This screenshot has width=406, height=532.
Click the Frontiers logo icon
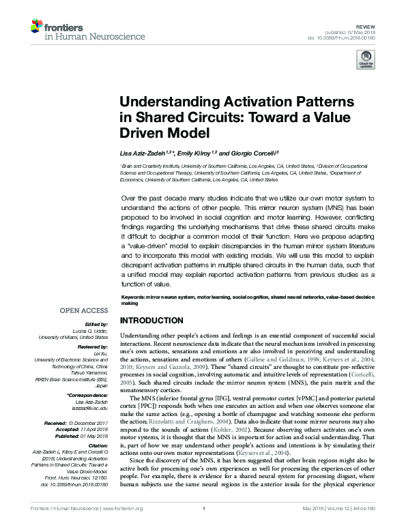coord(35,27)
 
